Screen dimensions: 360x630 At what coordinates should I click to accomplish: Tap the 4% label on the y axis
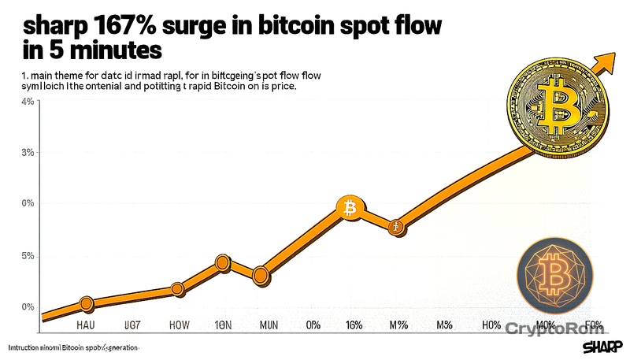(28, 102)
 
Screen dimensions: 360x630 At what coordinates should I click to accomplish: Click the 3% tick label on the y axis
(28, 152)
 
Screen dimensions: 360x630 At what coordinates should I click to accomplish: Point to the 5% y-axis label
(28, 256)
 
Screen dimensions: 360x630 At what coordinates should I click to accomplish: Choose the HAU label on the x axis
(87, 325)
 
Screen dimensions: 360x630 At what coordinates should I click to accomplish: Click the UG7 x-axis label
(132, 325)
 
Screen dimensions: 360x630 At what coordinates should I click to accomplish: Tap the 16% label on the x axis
(353, 325)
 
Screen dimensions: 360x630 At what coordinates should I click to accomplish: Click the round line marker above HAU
(87, 303)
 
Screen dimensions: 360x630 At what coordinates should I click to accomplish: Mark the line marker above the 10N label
(223, 263)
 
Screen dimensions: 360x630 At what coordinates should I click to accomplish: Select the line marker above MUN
(260, 275)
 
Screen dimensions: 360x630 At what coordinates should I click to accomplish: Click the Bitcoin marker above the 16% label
(347, 208)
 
